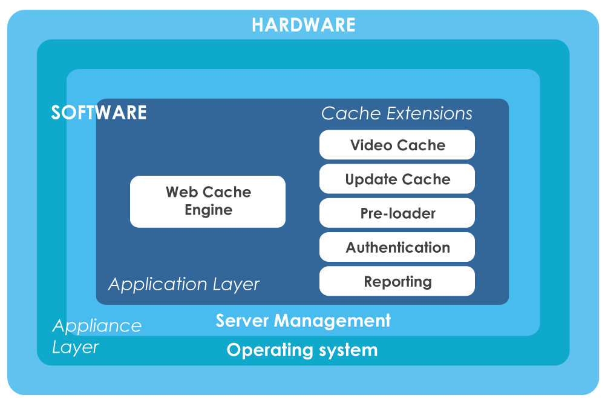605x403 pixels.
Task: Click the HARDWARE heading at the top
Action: [303, 25]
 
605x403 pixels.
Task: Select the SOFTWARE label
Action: [99, 113]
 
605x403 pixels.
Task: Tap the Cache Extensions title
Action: [397, 113]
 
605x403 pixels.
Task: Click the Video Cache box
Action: [397, 145]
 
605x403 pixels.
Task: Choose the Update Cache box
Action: [397, 179]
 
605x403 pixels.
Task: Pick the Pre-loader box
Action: [397, 213]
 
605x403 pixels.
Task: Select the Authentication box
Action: [397, 247]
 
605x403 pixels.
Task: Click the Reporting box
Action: [397, 281]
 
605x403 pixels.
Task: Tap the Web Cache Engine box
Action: [208, 202]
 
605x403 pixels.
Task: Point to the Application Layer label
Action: [184, 284]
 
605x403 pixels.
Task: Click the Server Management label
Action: [303, 321]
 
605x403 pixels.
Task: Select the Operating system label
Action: [302, 350]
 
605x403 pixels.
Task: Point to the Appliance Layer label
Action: [97, 336]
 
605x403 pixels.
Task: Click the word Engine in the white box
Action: [208, 210]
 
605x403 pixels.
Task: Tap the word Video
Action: [371, 145]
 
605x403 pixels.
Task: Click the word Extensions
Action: [430, 113]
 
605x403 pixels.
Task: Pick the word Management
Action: [332, 321]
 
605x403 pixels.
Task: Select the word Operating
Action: [270, 350]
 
